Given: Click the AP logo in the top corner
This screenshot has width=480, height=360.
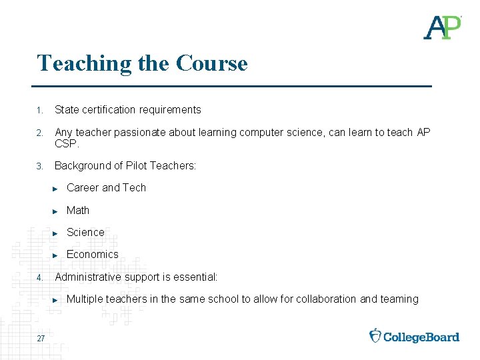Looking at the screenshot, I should pyautogui.click(x=442, y=27).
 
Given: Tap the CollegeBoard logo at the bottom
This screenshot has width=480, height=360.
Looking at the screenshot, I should pyautogui.click(x=415, y=336).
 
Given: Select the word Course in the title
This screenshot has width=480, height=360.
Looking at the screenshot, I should pyautogui.click(x=212, y=63).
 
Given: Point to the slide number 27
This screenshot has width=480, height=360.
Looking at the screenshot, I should pyautogui.click(x=41, y=339).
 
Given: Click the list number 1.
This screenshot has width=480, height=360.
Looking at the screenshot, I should pyautogui.click(x=40, y=110).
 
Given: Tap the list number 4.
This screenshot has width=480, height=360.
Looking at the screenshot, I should pyautogui.click(x=40, y=277).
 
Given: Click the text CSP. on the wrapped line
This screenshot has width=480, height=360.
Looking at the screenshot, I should pyautogui.click(x=67, y=143).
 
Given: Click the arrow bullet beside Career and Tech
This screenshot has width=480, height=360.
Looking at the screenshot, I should pyautogui.click(x=56, y=189).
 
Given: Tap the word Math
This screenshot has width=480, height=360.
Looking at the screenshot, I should pyautogui.click(x=78, y=210).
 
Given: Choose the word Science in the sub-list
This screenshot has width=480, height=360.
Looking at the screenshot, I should pyautogui.click(x=85, y=232).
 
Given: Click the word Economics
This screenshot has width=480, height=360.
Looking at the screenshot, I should pyautogui.click(x=92, y=254).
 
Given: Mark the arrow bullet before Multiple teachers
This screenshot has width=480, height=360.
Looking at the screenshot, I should pyautogui.click(x=56, y=300).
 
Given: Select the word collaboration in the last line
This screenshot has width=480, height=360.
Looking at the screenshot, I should pyautogui.click(x=323, y=299).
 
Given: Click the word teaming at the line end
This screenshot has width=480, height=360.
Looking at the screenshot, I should pyautogui.click(x=399, y=299).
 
